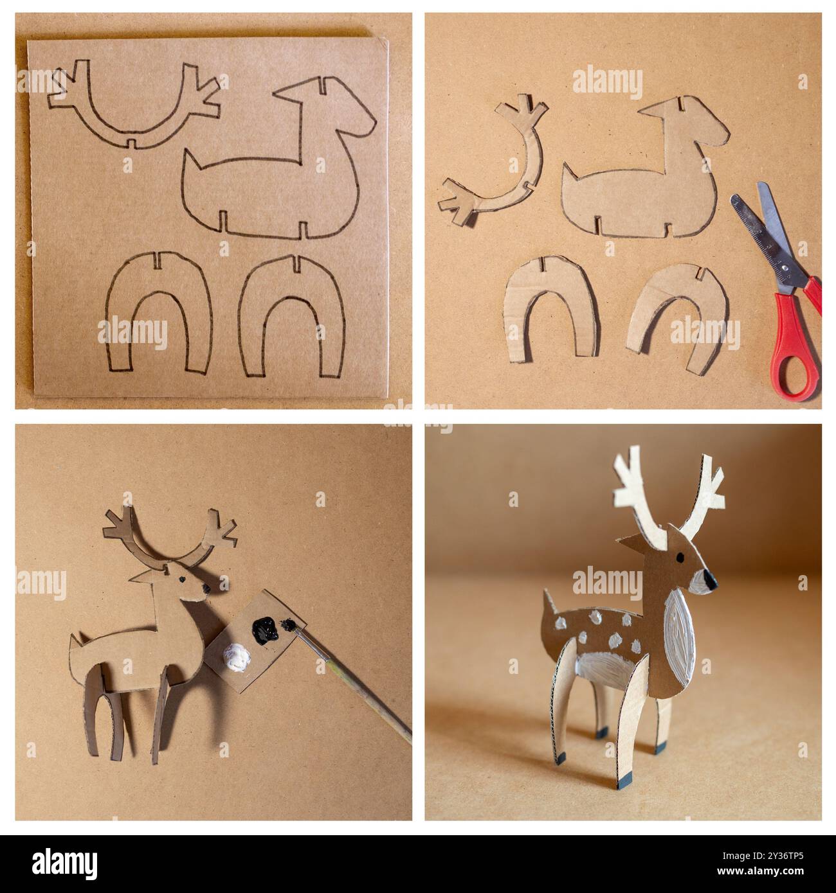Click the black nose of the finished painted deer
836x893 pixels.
tap(709, 579)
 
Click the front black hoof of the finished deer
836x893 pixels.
tap(660, 747)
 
